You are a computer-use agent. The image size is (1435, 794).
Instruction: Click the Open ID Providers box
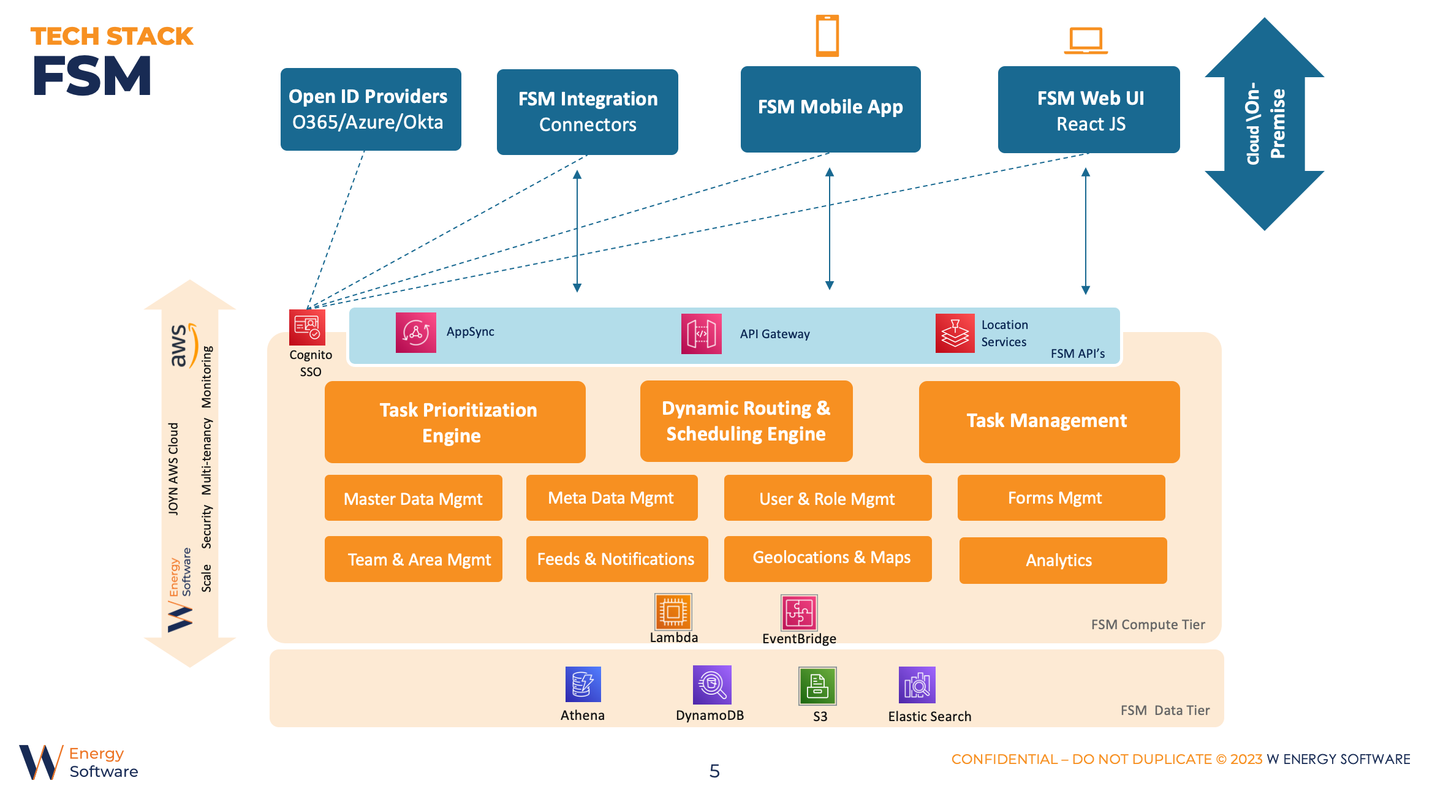(x=371, y=109)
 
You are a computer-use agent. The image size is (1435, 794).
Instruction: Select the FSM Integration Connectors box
(x=587, y=112)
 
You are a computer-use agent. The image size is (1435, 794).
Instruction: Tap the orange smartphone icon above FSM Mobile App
(x=827, y=36)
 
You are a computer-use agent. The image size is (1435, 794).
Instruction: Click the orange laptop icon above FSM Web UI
(x=1086, y=40)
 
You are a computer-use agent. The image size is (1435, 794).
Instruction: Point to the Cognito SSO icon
(x=307, y=327)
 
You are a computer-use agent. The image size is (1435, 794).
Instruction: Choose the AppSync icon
(x=415, y=333)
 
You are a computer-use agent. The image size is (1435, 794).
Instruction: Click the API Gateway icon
(x=701, y=334)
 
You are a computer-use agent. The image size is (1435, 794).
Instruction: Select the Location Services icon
(x=955, y=333)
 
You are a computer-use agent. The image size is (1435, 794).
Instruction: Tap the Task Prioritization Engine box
(x=455, y=422)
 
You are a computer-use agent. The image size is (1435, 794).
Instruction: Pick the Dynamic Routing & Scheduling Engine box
(x=746, y=421)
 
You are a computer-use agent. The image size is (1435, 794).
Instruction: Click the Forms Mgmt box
(x=1061, y=497)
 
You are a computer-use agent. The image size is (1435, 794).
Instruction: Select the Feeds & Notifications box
(x=616, y=559)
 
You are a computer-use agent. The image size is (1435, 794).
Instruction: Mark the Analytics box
(x=1062, y=560)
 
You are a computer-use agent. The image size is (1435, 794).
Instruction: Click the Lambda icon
(x=673, y=611)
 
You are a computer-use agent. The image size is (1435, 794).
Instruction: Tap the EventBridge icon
(x=799, y=613)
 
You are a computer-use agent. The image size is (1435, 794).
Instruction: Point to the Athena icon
(x=583, y=684)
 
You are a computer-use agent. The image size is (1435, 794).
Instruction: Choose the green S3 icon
(x=817, y=686)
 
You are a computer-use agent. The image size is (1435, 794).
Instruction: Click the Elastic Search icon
(x=917, y=685)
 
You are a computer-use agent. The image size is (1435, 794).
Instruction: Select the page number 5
(x=714, y=771)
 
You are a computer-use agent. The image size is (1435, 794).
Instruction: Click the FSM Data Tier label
(x=1165, y=710)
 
